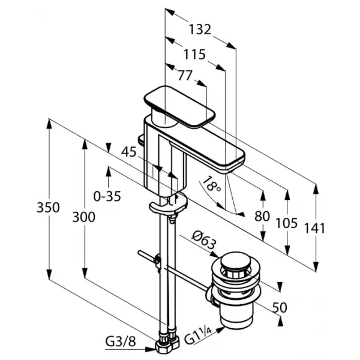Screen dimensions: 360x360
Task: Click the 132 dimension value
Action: click(x=200, y=29)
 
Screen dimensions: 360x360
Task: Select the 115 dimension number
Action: click(x=194, y=55)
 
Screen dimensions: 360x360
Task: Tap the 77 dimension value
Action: click(x=185, y=75)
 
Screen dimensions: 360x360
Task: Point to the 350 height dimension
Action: click(x=48, y=208)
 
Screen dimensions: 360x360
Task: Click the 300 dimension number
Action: click(x=84, y=217)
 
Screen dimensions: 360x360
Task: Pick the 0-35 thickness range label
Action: click(x=107, y=197)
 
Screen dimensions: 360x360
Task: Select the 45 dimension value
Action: click(x=129, y=152)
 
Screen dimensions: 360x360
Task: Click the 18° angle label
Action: click(x=211, y=184)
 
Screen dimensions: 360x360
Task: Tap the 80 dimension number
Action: click(x=262, y=216)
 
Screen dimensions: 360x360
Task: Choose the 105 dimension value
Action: click(x=287, y=223)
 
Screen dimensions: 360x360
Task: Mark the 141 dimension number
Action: click(x=315, y=228)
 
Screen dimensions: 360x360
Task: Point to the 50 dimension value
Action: click(x=280, y=307)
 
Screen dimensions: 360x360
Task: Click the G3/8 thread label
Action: click(x=121, y=342)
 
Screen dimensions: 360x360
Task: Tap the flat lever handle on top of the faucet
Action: click(x=179, y=107)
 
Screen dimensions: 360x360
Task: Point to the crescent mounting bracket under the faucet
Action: click(x=168, y=203)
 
